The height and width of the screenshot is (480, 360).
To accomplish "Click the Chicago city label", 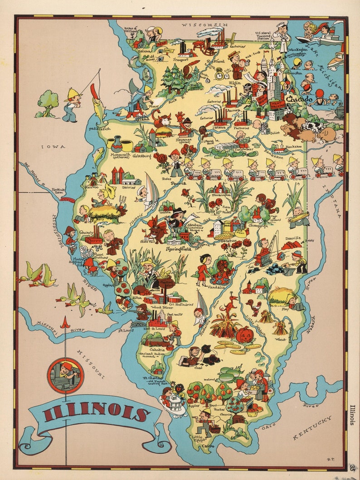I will tap(299, 99).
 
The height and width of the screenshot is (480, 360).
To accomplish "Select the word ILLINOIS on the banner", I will tap(97, 413).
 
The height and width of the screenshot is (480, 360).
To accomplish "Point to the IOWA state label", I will tap(48, 147).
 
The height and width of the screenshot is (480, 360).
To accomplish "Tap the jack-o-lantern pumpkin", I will tap(244, 335).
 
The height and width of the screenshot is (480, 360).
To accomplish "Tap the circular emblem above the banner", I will tap(66, 375).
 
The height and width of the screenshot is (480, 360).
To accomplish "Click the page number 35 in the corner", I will tap(352, 467).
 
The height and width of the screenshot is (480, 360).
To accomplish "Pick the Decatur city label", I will tap(229, 241).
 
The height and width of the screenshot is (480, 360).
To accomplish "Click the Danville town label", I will tap(292, 238).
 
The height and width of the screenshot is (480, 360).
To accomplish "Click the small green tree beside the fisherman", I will tap(48, 102).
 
